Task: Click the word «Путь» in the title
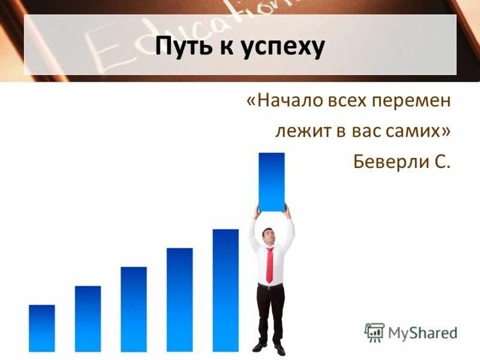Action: click(185, 47)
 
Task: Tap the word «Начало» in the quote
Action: click(287, 101)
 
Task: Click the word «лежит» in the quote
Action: click(299, 131)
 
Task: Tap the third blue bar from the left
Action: click(133, 309)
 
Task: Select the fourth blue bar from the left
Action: click(179, 299)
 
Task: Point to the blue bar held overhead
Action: click(271, 181)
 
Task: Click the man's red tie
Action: click(269, 264)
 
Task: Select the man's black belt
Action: click(271, 286)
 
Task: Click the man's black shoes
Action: click(269, 347)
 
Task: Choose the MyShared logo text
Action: click(422, 332)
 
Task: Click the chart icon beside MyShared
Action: click(374, 332)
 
